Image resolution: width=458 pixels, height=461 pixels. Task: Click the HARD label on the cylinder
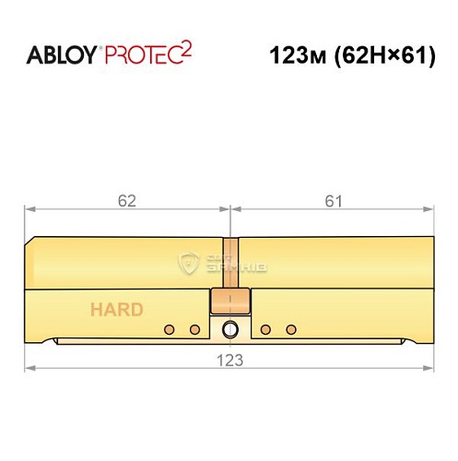point(116,310)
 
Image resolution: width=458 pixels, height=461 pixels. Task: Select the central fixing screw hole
point(229,330)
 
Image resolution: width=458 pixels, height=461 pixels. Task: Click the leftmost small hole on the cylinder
point(169,329)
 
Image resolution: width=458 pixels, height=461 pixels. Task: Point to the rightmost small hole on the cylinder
point(290,329)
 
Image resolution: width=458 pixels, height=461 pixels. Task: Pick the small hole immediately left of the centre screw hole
point(194,329)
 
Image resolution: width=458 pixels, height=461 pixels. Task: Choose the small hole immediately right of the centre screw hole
point(264,329)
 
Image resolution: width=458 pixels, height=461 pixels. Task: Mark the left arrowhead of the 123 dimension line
point(30,370)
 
